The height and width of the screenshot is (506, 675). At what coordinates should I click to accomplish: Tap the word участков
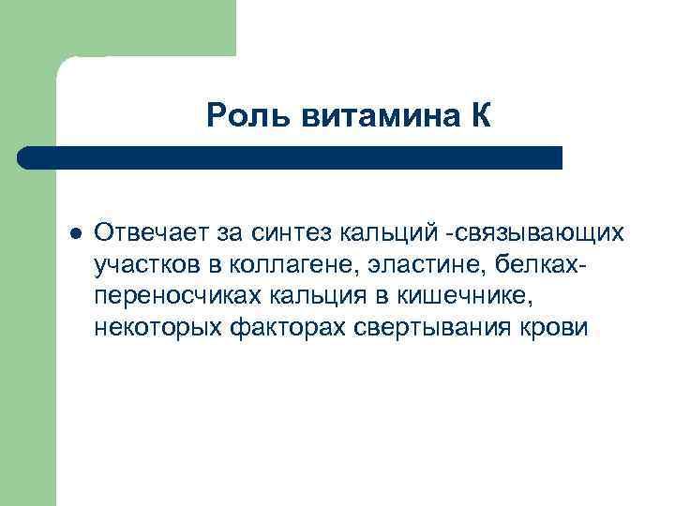[x=140, y=264]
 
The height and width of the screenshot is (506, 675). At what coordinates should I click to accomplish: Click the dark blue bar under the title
[x=291, y=157]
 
